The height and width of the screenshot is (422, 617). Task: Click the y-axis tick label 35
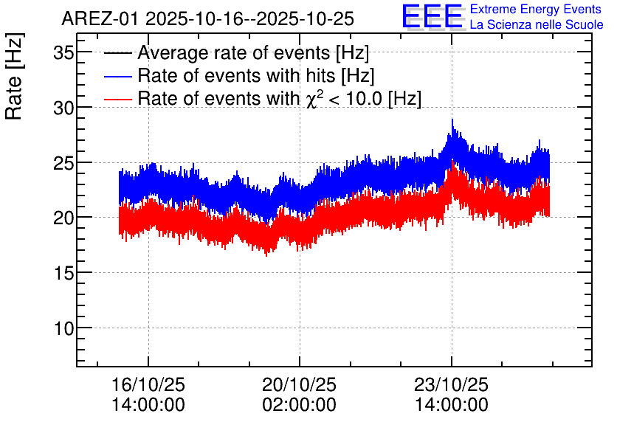click(63, 52)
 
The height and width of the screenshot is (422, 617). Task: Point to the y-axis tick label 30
click(63, 108)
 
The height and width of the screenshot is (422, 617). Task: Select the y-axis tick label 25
click(63, 163)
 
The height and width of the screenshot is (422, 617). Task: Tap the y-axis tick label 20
click(63, 218)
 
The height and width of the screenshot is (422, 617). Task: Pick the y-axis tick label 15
click(63, 273)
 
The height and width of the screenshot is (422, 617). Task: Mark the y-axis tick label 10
click(63, 328)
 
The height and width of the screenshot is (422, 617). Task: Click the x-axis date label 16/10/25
click(148, 384)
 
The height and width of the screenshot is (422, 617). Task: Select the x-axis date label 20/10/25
click(300, 384)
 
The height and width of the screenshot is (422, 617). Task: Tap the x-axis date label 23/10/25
click(452, 384)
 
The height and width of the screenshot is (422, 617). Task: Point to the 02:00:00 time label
click(300, 405)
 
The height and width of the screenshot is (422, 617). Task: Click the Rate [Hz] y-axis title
click(14, 76)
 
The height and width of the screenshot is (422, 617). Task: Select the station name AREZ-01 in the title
click(100, 18)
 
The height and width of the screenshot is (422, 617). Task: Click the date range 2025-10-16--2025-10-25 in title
click(250, 18)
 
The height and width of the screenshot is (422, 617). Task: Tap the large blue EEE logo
click(433, 16)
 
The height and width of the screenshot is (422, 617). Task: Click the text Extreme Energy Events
click(536, 9)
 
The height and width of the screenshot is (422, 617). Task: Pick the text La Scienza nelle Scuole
click(537, 25)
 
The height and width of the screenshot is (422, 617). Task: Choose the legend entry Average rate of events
click(236, 52)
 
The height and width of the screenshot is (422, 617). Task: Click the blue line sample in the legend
click(117, 76)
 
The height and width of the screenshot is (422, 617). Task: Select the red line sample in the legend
click(117, 99)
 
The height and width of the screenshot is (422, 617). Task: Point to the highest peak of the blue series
click(452, 120)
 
